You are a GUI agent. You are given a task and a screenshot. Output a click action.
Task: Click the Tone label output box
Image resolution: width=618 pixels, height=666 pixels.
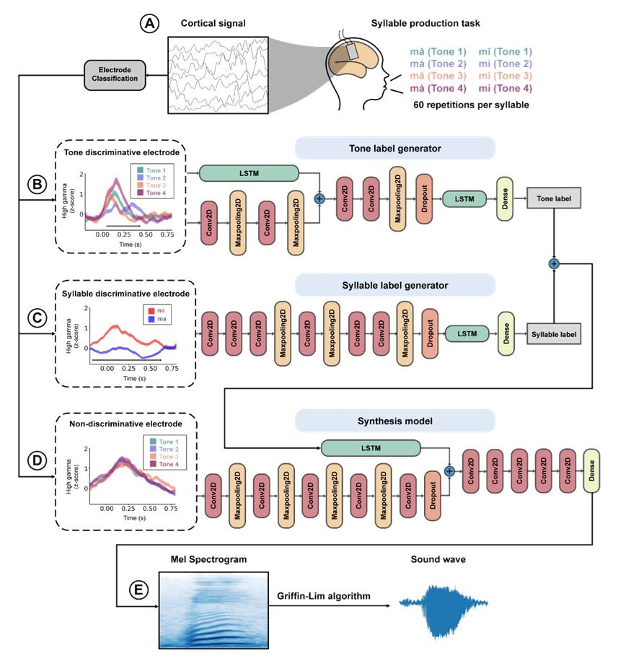pos(553,199)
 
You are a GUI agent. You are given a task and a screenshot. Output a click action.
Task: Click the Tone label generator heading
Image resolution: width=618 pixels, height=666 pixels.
pos(394,149)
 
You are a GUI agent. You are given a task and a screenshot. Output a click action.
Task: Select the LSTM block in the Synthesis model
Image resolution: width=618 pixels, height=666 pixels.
pos(371,449)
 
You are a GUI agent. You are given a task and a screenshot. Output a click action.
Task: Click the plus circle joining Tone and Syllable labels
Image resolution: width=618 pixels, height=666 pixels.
pos(554,264)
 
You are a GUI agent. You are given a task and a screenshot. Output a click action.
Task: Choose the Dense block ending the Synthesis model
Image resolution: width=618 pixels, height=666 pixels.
pos(592,471)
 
